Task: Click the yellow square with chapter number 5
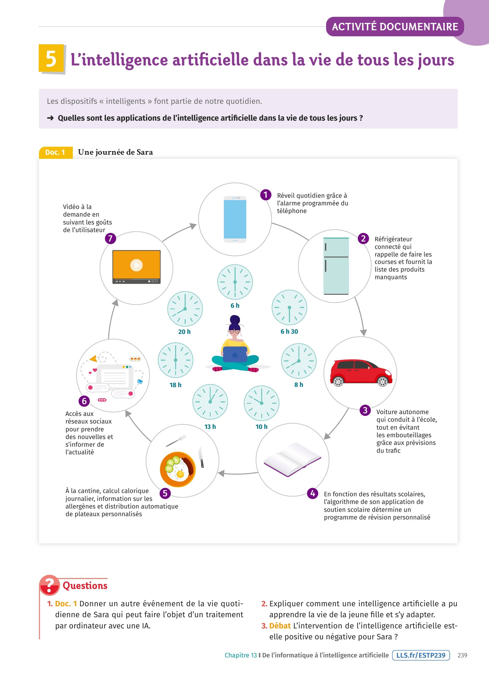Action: point(51,59)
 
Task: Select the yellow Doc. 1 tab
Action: point(56,153)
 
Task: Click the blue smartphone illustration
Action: point(235,219)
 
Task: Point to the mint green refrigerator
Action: point(336,266)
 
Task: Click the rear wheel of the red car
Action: point(338,382)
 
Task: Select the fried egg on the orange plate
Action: point(180,474)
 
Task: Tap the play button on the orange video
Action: point(136,265)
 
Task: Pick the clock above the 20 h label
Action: point(185,309)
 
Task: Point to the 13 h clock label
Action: point(210,427)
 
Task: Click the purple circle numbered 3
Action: point(365,411)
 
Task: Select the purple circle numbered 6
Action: point(84,401)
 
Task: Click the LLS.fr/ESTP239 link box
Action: point(421,655)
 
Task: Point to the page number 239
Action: point(462,655)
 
